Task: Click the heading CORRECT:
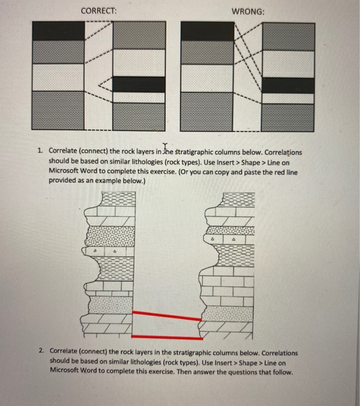pyautogui.click(x=98, y=11)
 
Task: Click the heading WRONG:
pyautogui.click(x=249, y=11)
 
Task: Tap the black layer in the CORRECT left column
pyautogui.click(x=57, y=31)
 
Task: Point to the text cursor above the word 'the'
pyautogui.click(x=165, y=147)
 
